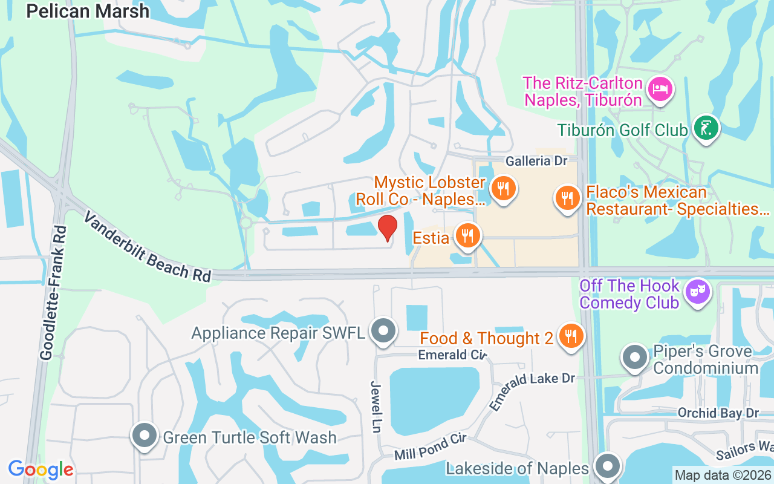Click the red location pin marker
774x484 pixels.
[387, 227]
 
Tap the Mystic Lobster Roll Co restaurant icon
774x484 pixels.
[502, 188]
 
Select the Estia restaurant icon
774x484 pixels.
[467, 236]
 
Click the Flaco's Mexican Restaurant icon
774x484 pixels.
[567, 198]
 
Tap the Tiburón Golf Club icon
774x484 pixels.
[706, 128]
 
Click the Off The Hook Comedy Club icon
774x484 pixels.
[698, 293]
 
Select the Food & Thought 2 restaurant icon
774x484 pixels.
[570, 335]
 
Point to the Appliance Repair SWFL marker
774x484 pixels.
[383, 331]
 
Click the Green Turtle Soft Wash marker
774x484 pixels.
[145, 436]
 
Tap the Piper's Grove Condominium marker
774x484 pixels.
[635, 358]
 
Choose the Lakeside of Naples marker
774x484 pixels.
[608, 466]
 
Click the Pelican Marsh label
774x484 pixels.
[88, 10]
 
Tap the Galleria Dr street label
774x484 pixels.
[537, 161]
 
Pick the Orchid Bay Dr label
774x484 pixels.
[718, 413]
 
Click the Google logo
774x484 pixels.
[41, 469]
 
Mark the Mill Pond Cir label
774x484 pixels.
[430, 447]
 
